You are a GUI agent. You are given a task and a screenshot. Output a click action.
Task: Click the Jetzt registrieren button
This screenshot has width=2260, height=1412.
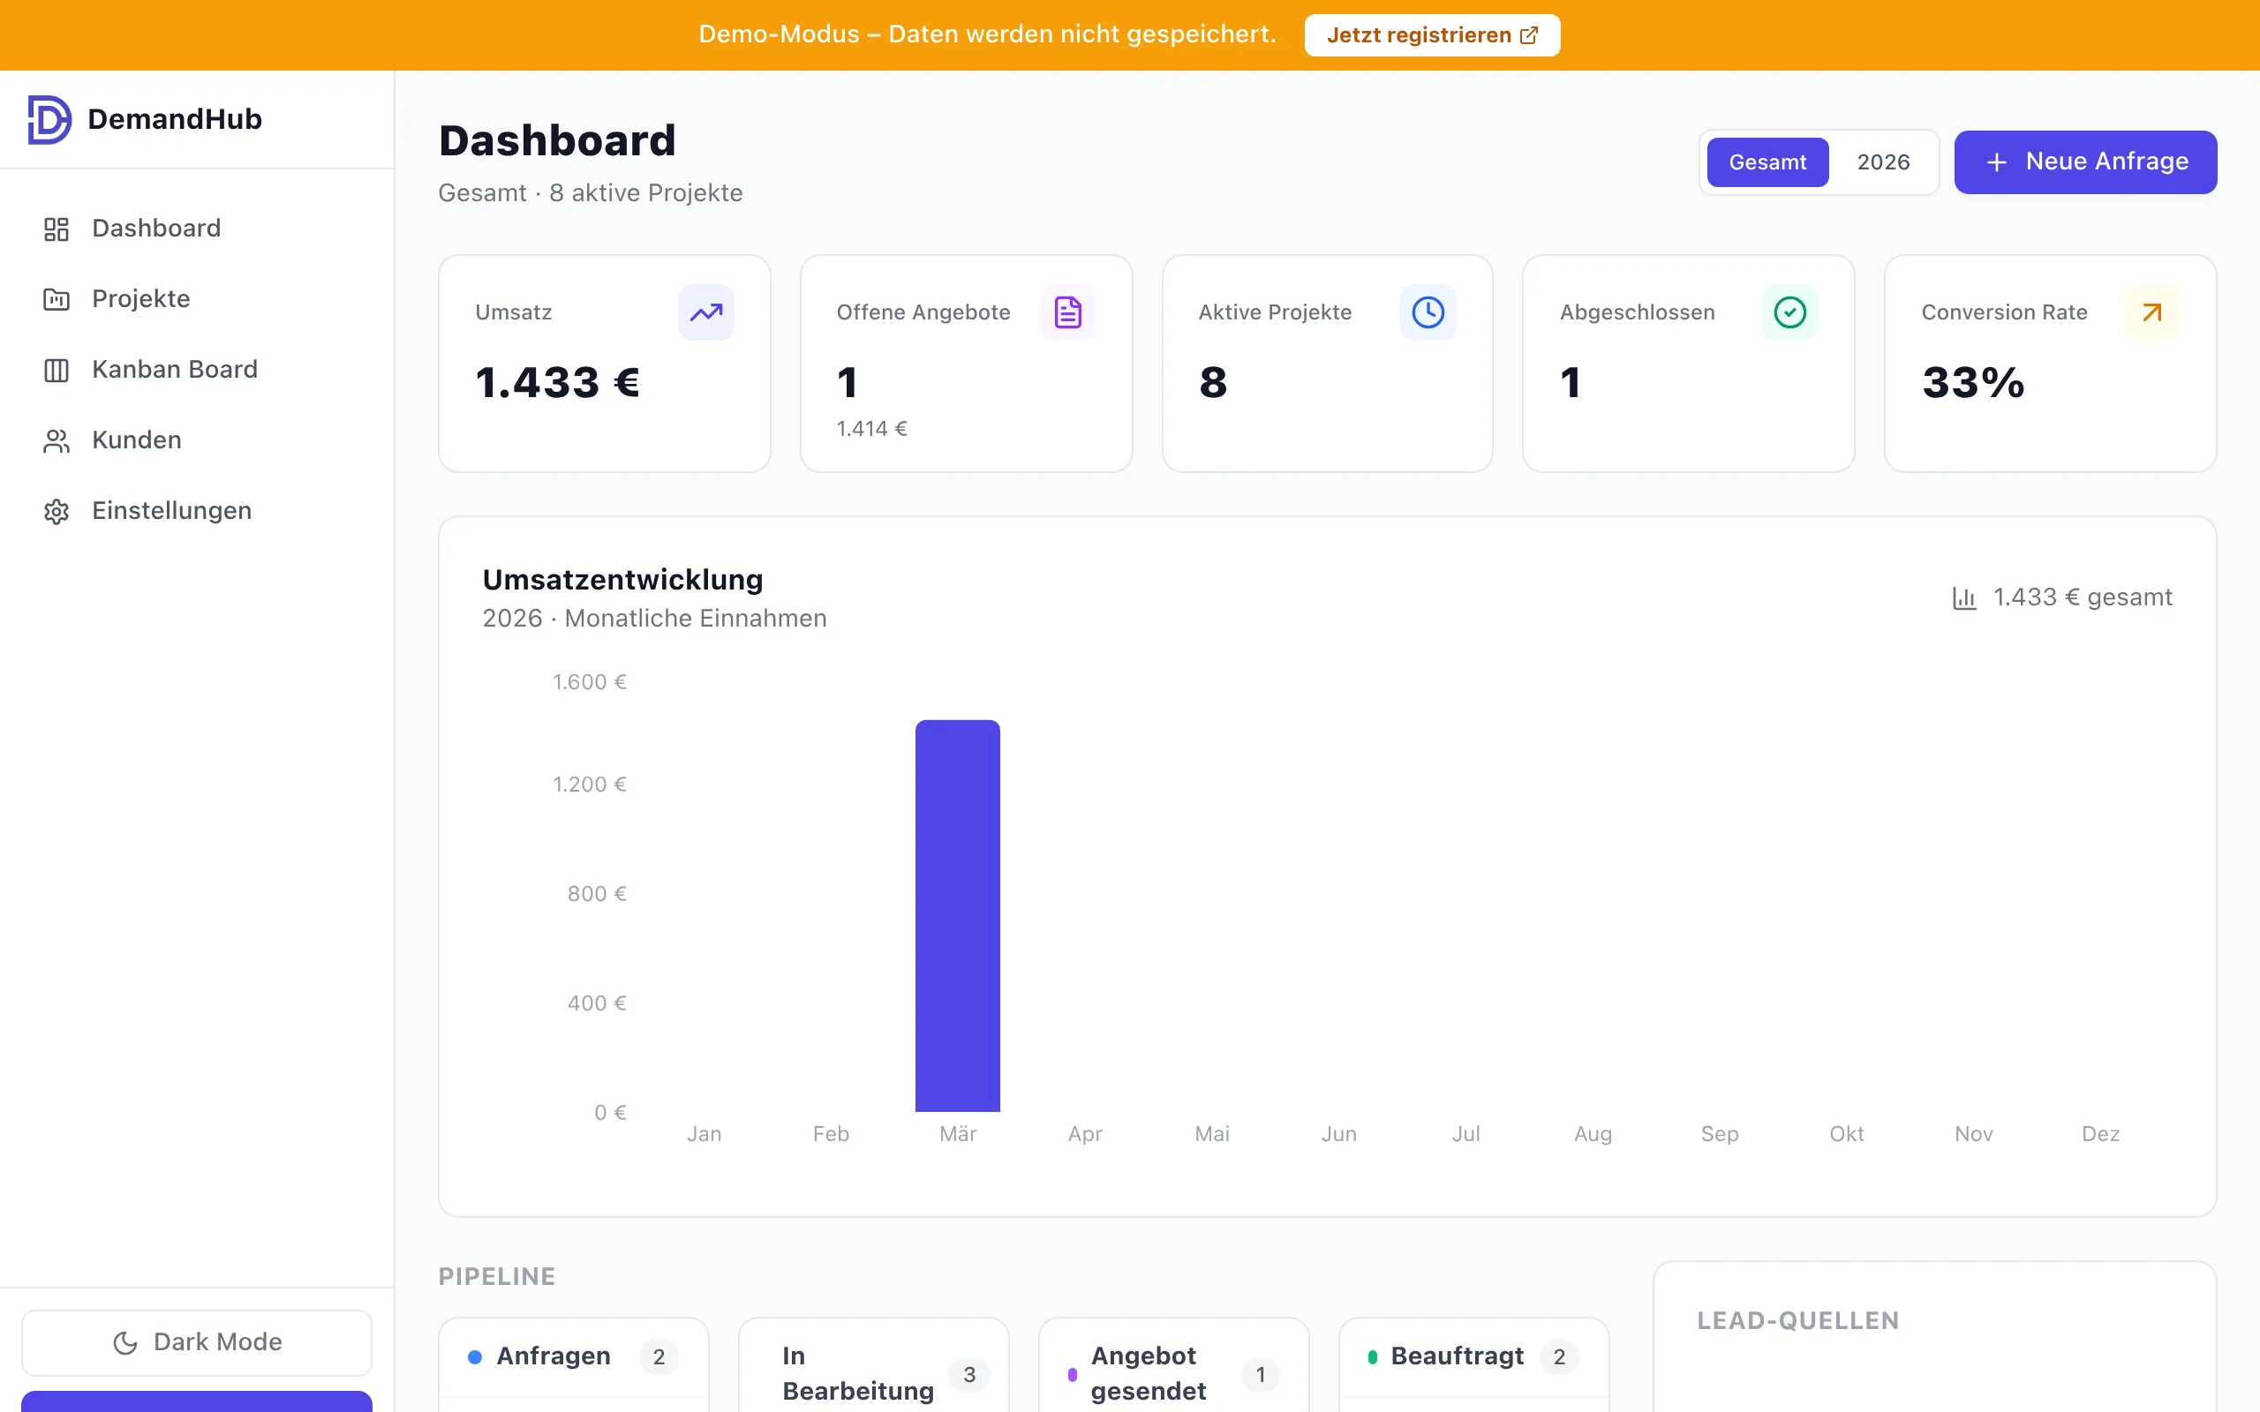point(1431,35)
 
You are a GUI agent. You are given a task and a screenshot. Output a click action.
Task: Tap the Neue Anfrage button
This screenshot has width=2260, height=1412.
point(2084,162)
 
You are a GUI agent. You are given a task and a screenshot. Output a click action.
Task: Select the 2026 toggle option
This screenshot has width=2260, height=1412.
point(1883,162)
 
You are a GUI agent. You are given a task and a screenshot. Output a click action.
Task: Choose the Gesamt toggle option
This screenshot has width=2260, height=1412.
point(1767,162)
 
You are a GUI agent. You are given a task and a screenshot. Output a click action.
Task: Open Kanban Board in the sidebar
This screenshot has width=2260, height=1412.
point(174,370)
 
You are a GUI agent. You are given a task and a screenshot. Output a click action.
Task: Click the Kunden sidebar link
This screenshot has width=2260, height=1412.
point(136,439)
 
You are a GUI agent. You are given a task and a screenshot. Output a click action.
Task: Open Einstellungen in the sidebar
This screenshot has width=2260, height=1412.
point(171,511)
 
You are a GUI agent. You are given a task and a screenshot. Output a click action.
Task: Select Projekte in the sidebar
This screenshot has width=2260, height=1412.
point(140,299)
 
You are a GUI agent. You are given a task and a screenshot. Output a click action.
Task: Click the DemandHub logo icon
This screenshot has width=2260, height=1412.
point(49,119)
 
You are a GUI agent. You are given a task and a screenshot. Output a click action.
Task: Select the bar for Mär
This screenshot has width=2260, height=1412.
point(957,915)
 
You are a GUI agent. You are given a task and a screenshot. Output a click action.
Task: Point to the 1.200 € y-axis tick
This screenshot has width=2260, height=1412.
point(590,785)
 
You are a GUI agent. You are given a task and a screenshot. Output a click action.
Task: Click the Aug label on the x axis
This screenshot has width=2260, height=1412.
point(1593,1134)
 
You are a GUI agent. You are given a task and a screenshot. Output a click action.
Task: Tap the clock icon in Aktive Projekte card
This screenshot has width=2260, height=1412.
point(1427,312)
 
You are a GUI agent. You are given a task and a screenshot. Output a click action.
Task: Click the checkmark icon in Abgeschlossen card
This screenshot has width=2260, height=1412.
point(1789,312)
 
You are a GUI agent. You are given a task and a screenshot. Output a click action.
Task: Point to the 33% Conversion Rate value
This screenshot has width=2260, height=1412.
point(1972,383)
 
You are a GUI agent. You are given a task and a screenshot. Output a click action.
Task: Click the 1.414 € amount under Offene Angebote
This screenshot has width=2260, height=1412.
point(871,429)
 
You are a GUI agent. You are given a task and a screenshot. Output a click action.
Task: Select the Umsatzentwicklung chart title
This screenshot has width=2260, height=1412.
point(623,580)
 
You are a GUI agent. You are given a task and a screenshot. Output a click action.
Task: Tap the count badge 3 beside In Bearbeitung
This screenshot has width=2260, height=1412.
point(969,1374)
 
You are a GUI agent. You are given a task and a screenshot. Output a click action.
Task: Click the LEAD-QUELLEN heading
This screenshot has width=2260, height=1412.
point(1797,1320)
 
